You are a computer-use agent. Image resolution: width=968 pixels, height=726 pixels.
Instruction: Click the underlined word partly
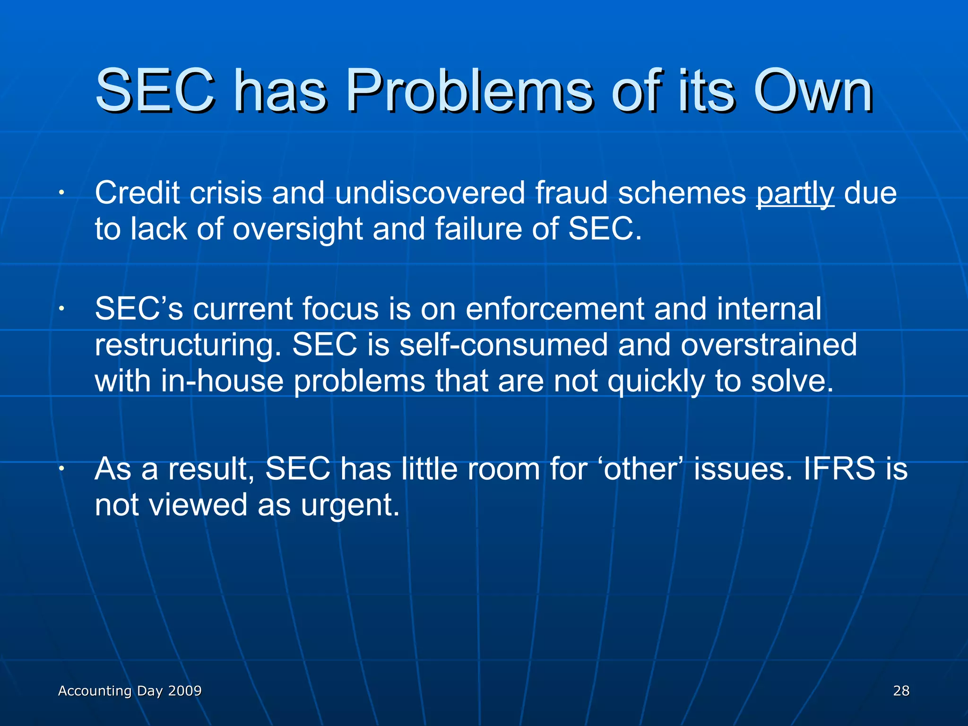click(795, 194)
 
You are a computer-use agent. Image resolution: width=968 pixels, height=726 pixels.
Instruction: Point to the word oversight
click(297, 229)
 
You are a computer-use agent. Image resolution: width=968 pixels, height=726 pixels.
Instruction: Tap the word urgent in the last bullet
click(350, 506)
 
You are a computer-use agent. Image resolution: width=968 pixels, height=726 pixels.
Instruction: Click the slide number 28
click(901, 691)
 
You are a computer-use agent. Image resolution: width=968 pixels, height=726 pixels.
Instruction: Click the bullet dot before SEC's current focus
click(61, 309)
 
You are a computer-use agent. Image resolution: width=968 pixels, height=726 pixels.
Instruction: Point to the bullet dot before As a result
click(61, 469)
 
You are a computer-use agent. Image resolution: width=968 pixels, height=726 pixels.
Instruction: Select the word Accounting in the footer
click(95, 691)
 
